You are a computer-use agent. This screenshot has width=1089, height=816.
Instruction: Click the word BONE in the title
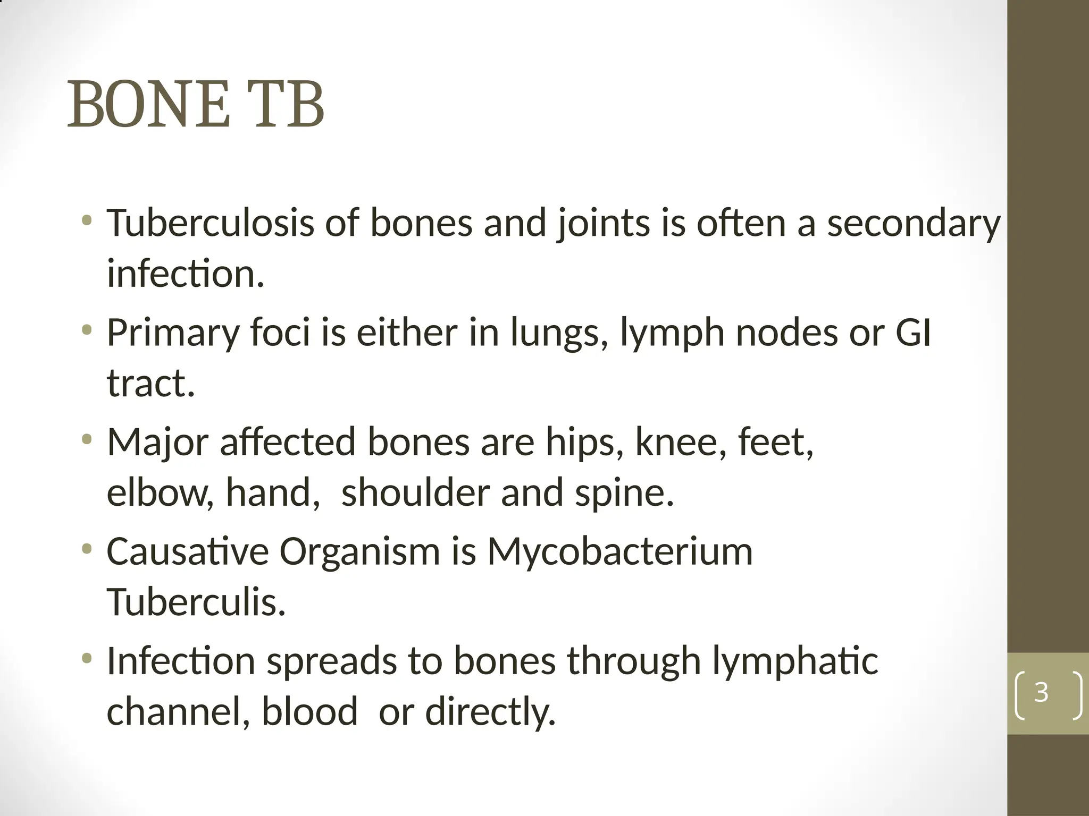tap(148, 104)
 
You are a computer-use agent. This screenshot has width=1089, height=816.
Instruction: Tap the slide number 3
tap(1041, 692)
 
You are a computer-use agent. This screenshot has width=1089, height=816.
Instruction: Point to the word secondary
tap(914, 224)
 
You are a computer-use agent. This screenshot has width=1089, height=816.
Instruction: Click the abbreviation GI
tap(913, 333)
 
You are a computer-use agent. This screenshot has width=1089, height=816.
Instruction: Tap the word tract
tap(150, 383)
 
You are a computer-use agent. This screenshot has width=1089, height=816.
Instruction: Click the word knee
tap(680, 442)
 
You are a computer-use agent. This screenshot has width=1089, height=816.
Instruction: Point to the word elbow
tap(160, 492)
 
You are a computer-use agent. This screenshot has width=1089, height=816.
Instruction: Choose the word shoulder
tap(415, 492)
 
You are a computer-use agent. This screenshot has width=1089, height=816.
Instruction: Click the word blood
tap(309, 712)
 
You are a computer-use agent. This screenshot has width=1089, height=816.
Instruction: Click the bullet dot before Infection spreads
tap(87, 659)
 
